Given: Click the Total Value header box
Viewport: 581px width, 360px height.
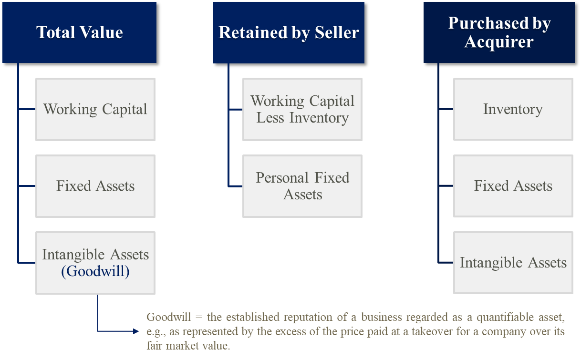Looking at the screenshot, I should (79, 32).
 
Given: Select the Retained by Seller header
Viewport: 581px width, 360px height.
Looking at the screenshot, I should (289, 32).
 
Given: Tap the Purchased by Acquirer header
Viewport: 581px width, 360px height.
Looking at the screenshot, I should (499, 32).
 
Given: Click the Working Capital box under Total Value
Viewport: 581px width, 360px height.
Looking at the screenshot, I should (95, 109).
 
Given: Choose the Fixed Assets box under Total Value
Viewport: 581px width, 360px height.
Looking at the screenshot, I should (95, 186).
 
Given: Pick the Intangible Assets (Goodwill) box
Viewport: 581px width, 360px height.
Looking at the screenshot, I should (95, 263).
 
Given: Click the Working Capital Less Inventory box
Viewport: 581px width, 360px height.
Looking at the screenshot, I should (302, 109).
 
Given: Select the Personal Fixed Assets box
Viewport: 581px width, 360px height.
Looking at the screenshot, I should (302, 186).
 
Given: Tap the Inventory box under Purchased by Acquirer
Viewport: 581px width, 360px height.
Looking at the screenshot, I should (513, 109).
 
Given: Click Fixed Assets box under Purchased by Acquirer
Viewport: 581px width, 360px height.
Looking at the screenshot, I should (513, 186).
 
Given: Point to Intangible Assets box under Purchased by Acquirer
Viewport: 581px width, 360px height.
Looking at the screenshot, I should (513, 263).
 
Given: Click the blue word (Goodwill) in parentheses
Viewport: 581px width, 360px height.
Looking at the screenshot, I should (95, 271).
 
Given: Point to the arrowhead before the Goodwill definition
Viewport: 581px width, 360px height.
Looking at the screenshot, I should (135, 331).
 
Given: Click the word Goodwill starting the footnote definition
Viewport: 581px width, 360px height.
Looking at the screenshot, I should (163, 318).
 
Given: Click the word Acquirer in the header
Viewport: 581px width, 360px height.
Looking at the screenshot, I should (499, 42).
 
